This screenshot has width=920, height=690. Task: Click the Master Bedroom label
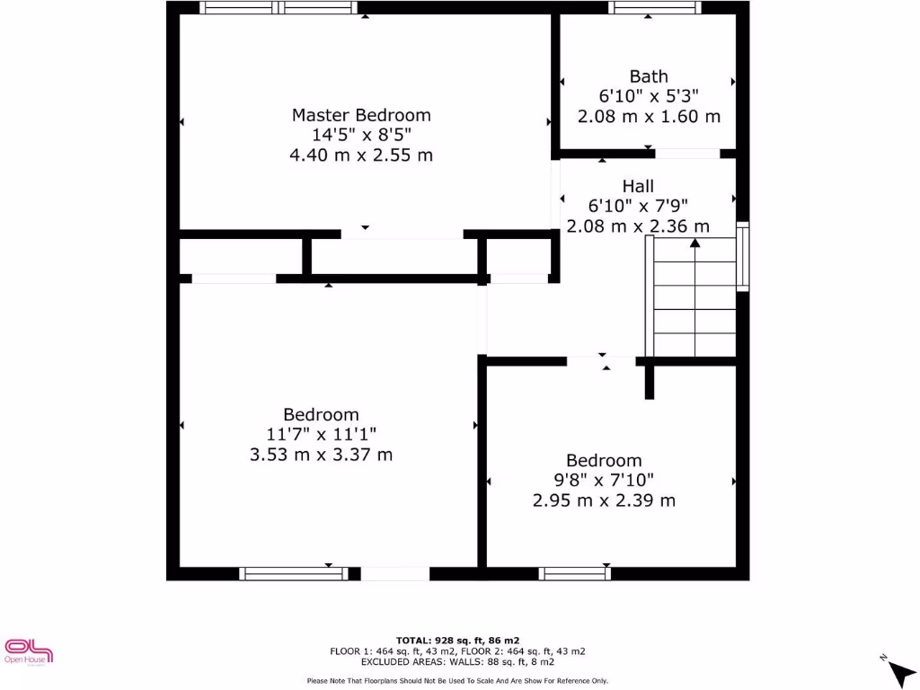[x=361, y=115]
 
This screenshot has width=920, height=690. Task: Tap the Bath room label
[x=649, y=76]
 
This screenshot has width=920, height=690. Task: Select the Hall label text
[x=638, y=186]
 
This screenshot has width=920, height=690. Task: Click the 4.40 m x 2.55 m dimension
[x=361, y=155]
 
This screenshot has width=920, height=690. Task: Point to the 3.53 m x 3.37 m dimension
[x=321, y=455]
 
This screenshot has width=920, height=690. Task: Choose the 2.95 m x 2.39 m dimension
[x=604, y=500]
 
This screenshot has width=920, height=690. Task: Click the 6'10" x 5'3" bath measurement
[x=649, y=96]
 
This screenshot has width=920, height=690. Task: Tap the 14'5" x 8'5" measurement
[x=361, y=135]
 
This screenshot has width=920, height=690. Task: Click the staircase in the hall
[x=694, y=305]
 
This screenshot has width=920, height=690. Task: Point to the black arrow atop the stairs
[x=695, y=242]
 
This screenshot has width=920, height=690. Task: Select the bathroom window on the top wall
[x=654, y=8]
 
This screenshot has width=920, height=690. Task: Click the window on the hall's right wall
[x=743, y=257]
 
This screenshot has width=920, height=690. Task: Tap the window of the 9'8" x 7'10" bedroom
[x=575, y=573]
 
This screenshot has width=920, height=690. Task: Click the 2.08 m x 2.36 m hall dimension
[x=638, y=226]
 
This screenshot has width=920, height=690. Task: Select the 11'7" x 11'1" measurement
[x=321, y=435]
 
